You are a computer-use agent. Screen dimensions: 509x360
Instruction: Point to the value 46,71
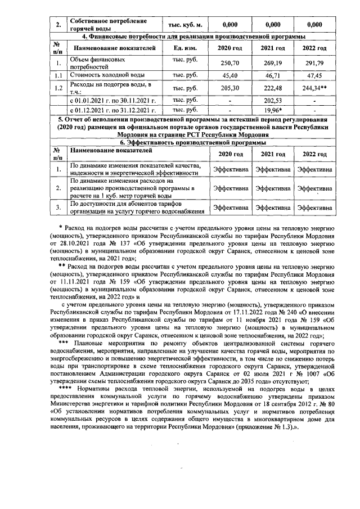[273, 75]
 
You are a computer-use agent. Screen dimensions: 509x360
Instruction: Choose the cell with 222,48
[273, 88]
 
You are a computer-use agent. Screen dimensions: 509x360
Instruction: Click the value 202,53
[273, 100]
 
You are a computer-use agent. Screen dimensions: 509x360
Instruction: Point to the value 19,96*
[273, 110]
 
